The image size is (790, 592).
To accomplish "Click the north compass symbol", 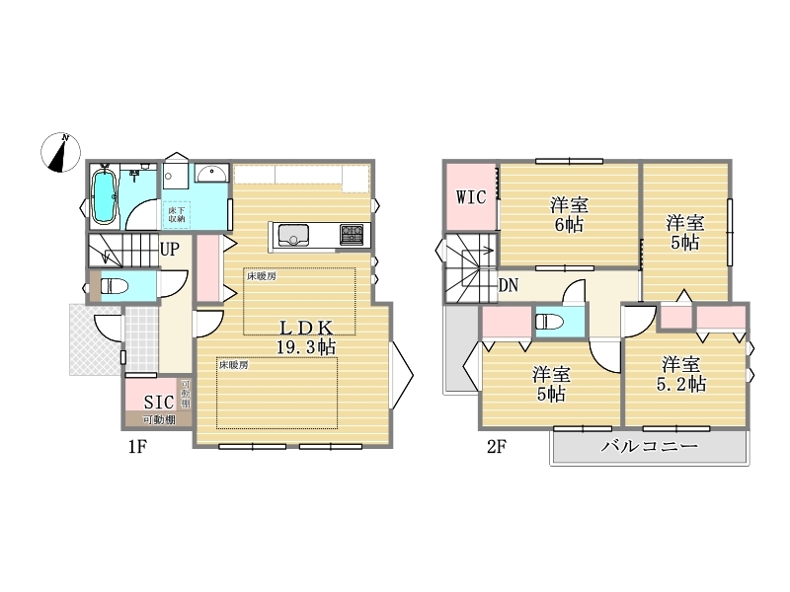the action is (x=61, y=152).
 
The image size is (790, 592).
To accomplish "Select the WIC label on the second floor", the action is (x=471, y=196).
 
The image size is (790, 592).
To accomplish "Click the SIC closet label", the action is (x=159, y=402).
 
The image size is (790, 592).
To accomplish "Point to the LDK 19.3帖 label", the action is (x=306, y=337).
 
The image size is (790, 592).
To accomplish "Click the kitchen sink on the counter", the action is (x=293, y=235).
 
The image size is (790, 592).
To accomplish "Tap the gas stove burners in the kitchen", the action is (x=352, y=234).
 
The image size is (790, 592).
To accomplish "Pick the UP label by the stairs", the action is (x=169, y=249).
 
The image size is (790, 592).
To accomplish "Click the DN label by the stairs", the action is (x=509, y=286).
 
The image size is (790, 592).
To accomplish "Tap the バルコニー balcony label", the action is (x=650, y=446).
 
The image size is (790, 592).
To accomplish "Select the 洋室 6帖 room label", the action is (x=570, y=214).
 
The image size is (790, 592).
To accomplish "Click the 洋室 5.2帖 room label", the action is (x=681, y=373).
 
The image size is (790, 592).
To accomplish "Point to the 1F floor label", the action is (x=136, y=446).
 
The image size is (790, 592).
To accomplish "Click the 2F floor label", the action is (x=497, y=446).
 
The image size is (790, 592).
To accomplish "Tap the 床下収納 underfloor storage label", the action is (x=177, y=214).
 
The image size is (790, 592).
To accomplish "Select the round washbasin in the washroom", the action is (x=211, y=175).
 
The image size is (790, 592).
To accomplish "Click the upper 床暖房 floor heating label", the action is (x=262, y=276).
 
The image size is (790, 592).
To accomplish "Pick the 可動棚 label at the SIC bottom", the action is (x=159, y=418).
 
